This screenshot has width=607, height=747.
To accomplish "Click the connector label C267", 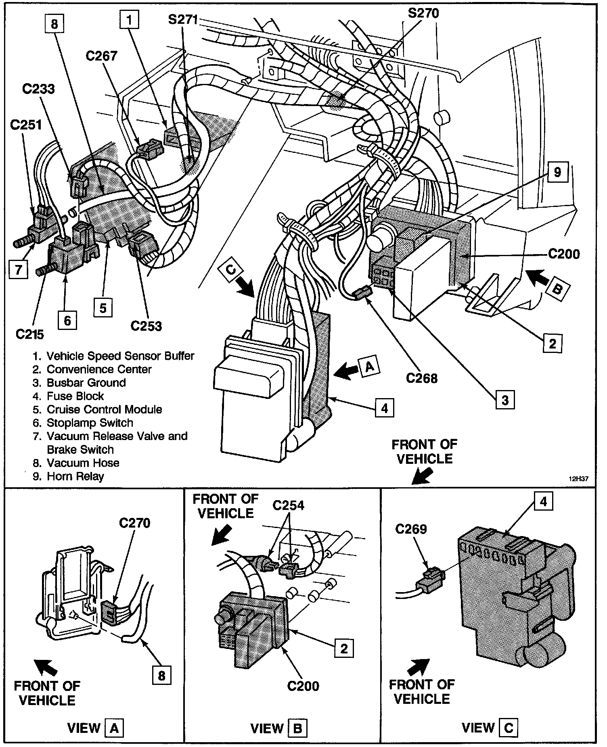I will point(101,56).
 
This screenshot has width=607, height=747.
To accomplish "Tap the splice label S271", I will point(183,19).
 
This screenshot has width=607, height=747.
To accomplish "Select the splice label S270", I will point(423,13).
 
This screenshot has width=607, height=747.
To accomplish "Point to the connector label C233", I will point(38,89).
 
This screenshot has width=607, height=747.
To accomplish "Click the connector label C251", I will point(26,125).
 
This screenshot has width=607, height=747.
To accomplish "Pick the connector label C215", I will point(29,334).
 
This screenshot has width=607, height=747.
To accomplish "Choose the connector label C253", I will point(146,326).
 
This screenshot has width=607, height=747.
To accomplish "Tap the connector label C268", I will point(422,378).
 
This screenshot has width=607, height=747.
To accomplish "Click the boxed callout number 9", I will point(557,172).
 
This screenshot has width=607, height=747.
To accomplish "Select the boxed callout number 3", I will point(505,400).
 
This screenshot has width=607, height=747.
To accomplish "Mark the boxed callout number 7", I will point(18,269).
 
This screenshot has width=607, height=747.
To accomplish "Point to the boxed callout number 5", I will point(103,308).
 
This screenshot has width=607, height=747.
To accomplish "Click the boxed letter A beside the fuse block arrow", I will point(370,367).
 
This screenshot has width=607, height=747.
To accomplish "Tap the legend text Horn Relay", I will point(75,476).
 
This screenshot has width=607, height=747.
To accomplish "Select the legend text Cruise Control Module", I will point(105,409).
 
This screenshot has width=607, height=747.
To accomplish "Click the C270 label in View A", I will point(134,523).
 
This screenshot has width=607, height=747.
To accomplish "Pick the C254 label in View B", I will point(288,505).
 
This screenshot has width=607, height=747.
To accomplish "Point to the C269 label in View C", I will point(411,529).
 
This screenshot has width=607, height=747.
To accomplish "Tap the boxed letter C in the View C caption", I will point(509,728).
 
